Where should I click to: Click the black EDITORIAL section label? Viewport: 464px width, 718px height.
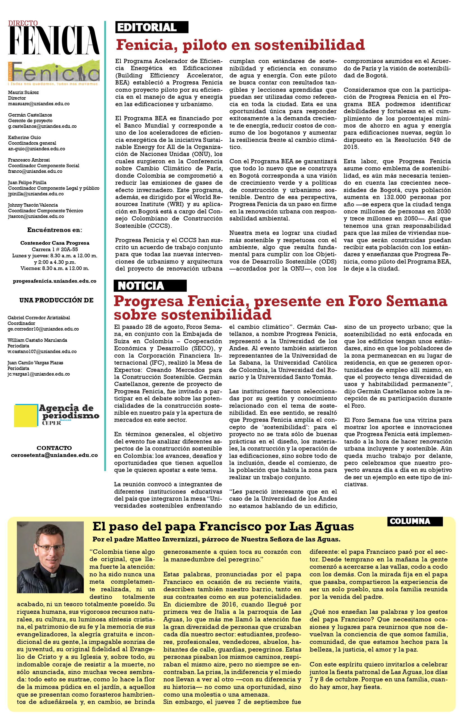[152, 27]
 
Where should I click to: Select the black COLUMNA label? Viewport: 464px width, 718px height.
[415, 521]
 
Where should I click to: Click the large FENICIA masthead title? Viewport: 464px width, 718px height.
[54, 40]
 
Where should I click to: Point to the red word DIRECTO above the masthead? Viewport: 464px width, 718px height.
[23, 23]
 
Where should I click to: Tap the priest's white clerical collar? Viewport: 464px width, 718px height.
[53, 575]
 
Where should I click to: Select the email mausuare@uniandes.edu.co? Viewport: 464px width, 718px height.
[39, 104]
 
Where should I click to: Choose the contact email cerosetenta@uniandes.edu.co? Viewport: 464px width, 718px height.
[54, 455]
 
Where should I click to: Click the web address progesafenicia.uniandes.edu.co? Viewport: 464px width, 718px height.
[55, 281]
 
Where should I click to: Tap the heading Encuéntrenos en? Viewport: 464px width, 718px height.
[55, 230]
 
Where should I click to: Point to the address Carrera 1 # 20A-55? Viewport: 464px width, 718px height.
[55, 249]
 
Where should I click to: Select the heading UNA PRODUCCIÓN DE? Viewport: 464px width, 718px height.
[56, 300]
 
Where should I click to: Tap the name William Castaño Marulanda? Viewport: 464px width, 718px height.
[37, 340]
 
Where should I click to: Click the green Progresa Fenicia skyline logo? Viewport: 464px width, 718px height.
[54, 72]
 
